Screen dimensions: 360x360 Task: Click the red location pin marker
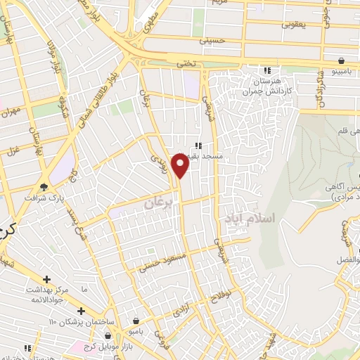coord(181,165)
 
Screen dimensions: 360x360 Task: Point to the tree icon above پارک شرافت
coord(45,186)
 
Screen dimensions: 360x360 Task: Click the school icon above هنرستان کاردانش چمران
coord(267,70)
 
